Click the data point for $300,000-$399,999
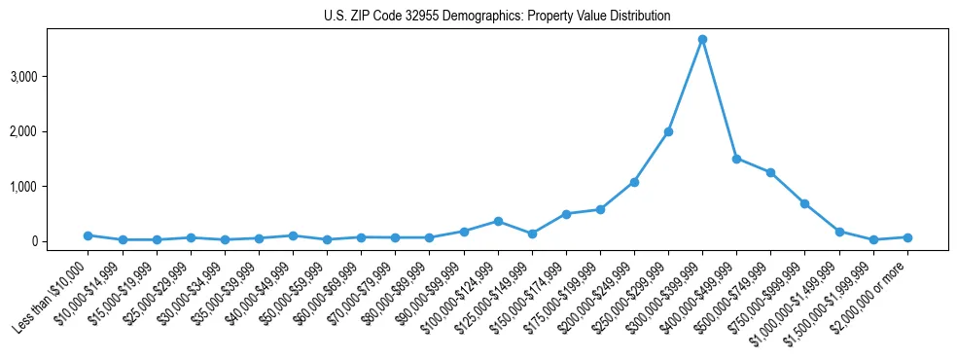tap(702, 39)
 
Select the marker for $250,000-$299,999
tap(668, 131)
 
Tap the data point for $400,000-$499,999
tap(736, 159)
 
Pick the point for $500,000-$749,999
tap(770, 172)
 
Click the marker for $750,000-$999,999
tap(804, 203)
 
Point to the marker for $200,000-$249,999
tap(634, 182)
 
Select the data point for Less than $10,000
tap(89, 235)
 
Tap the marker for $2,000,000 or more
tap(907, 237)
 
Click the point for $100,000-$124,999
tap(498, 221)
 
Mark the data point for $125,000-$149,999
tap(532, 234)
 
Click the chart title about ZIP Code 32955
tap(497, 17)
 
